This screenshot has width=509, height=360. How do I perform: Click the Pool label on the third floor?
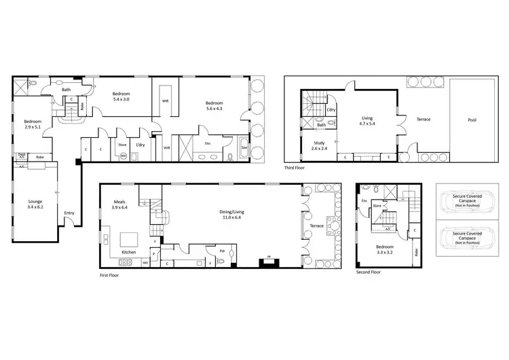[x=472, y=120]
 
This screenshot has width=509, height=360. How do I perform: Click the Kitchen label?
[x=129, y=252]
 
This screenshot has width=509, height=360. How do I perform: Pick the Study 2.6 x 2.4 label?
[x=318, y=145]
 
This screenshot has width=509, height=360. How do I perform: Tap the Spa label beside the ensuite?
[x=244, y=145]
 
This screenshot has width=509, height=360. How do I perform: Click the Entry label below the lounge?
[x=69, y=213]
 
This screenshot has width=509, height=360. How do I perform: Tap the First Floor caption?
[x=110, y=275]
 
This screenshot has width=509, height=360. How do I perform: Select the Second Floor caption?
[x=369, y=272]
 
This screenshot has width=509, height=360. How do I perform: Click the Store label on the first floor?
[x=123, y=144]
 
